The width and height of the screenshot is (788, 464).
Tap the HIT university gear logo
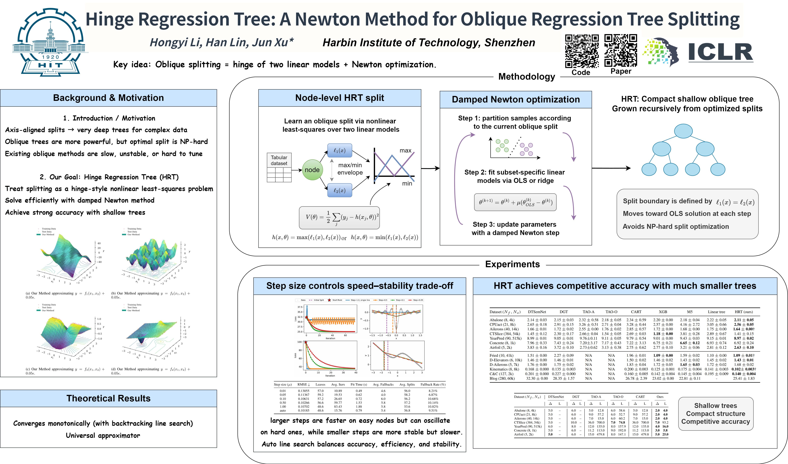(50, 42)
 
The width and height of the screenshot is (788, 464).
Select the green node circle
(312, 170)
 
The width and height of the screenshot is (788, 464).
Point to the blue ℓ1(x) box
(340, 151)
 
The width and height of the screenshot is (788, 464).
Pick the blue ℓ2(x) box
(340, 190)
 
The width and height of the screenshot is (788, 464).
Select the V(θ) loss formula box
(339, 217)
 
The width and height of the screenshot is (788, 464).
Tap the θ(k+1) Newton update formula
(515, 202)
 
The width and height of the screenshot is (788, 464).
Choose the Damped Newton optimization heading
(516, 100)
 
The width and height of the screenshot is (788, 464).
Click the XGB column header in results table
(663, 312)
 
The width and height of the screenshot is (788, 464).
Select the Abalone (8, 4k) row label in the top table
(502, 320)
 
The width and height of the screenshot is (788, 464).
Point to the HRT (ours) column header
(744, 312)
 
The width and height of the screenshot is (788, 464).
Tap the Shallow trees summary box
(715, 414)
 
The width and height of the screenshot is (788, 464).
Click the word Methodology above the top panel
(527, 77)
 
